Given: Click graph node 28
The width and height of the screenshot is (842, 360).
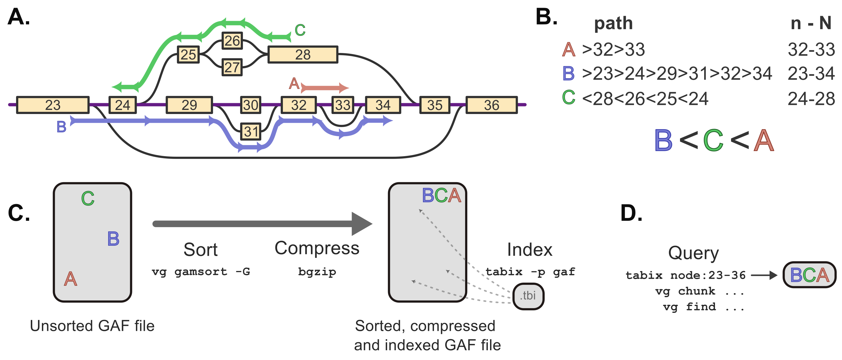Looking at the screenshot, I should tap(302, 55).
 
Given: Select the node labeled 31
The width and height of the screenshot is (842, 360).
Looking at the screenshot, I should tap(251, 131).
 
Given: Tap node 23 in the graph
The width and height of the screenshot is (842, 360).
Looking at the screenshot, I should tap(53, 105).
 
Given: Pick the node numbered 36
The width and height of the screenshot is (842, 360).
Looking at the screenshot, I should tap(491, 105).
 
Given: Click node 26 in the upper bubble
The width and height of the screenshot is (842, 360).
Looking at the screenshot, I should tap(232, 41).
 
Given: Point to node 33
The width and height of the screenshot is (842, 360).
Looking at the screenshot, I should tap(343, 105).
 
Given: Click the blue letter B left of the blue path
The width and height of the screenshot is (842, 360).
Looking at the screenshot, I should tap(61, 127).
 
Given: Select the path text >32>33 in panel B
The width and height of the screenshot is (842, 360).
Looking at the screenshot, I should tap(613, 50).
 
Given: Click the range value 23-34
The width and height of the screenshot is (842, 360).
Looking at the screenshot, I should tap(811, 73).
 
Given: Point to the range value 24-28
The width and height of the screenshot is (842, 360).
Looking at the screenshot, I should tap(811, 99).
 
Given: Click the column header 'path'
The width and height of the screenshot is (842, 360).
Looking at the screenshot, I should tap(613, 24).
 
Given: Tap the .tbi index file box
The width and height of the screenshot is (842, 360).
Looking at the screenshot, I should tap(528, 296).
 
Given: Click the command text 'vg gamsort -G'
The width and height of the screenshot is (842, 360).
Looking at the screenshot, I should tap(201, 272).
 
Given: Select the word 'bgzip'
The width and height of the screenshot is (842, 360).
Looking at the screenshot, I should tap(317, 272).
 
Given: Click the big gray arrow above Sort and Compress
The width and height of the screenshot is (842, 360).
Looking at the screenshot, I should tap(262, 224).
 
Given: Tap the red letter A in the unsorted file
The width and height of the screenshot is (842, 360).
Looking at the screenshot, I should tap(71, 279).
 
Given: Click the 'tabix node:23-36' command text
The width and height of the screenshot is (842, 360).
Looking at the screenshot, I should tap(685, 275).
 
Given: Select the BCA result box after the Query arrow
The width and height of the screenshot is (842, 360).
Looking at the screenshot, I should tap(809, 275).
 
